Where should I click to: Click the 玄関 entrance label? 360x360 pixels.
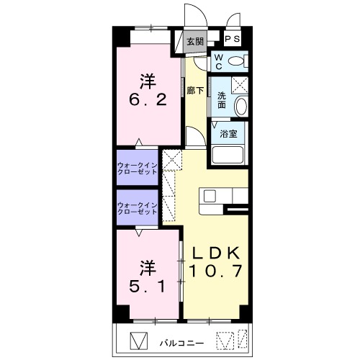tap(195, 42)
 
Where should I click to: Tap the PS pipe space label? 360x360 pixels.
tap(233, 39)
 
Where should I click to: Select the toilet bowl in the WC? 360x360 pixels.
tap(235, 61)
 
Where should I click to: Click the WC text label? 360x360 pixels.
tap(218, 62)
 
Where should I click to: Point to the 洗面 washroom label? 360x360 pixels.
tap(222, 100)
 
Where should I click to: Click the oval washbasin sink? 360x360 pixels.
tap(240, 107)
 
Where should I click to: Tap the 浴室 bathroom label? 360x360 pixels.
tap(228, 134)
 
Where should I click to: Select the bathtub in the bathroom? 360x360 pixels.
tap(228, 155)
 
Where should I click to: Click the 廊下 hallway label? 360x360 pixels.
tap(195, 90)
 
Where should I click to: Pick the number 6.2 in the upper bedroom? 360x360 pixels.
tap(148, 99)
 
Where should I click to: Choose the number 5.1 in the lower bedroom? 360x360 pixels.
tap(148, 286)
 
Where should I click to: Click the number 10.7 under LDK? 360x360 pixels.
tap(215, 271)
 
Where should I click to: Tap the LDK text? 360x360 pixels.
tap(216, 253)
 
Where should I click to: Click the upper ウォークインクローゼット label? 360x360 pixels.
tap(138, 168)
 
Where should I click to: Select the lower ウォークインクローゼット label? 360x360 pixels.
tap(138, 208)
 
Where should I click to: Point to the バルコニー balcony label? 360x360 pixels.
tap(182, 343)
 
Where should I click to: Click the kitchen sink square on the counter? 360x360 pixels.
tap(210, 197)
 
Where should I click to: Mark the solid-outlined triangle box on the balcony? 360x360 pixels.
tap(138, 341)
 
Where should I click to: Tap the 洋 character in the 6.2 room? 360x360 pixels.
tap(148, 82)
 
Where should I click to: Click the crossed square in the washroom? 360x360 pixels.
tap(240, 85)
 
